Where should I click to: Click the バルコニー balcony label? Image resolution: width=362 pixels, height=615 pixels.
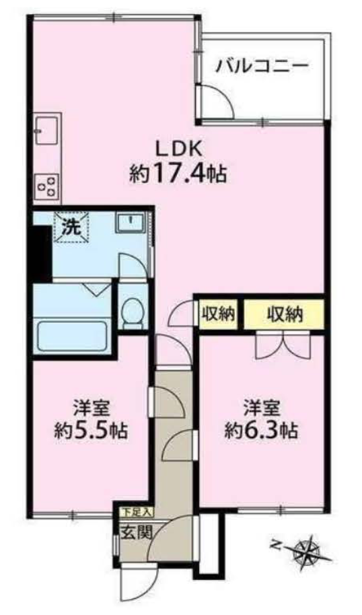pyautogui.click(x=262, y=66)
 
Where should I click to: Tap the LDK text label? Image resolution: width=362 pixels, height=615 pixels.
pyautogui.click(x=176, y=147)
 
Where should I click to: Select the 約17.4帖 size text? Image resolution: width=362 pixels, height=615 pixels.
pyautogui.click(x=177, y=174)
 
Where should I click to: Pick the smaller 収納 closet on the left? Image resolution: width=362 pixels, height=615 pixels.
pyautogui.click(x=217, y=314)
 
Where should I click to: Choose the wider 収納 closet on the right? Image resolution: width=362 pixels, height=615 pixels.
pyautogui.click(x=283, y=314)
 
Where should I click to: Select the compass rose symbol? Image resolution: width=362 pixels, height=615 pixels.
pyautogui.click(x=309, y=551)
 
